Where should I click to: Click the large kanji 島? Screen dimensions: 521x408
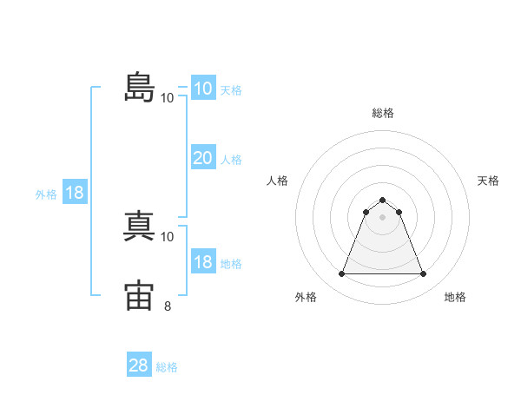pyautogui.click(x=140, y=87)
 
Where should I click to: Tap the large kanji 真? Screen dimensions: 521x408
pyautogui.click(x=139, y=226)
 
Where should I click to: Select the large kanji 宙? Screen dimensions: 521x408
pyautogui.click(x=139, y=295)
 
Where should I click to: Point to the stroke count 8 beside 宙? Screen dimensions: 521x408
pyautogui.click(x=168, y=306)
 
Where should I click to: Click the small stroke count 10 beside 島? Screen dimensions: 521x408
pyautogui.click(x=167, y=98)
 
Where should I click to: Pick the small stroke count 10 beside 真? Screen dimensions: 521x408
pyautogui.click(x=167, y=237)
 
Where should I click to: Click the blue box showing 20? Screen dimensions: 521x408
pyautogui.click(x=203, y=157)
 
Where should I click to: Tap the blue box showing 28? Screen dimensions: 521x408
pyautogui.click(x=139, y=364)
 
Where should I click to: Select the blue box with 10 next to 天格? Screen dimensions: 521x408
pyautogui.click(x=203, y=88)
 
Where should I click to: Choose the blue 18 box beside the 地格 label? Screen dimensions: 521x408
pyautogui.click(x=203, y=260)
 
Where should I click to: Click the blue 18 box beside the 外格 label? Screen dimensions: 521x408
pyautogui.click(x=75, y=191)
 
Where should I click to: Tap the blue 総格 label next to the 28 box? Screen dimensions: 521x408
pyautogui.click(x=167, y=367)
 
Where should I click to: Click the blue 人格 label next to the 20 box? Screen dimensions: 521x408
pyautogui.click(x=231, y=160)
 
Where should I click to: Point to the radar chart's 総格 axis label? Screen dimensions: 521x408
pyautogui.click(x=383, y=113)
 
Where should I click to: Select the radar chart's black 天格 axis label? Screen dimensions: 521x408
pyautogui.click(x=488, y=181)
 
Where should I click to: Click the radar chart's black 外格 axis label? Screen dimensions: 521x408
pyautogui.click(x=306, y=297)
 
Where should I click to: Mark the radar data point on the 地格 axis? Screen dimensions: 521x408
pyautogui.click(x=423, y=273)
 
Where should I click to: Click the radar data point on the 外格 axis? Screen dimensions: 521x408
pyautogui.click(x=341, y=273)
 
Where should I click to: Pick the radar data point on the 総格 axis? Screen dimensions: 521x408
pyautogui.click(x=382, y=200)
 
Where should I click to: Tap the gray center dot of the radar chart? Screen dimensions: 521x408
pyautogui.click(x=382, y=217)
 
